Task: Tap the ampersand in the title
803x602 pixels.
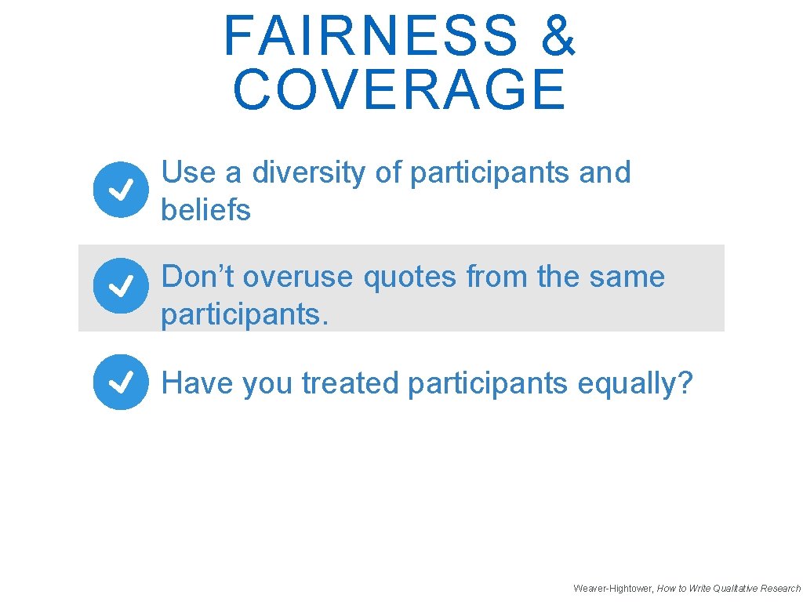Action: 558,36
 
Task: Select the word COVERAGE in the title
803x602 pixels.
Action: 399,89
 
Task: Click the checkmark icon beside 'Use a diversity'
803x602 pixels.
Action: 120,189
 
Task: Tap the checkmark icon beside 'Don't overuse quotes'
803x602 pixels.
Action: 120,286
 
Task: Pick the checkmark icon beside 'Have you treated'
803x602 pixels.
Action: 120,383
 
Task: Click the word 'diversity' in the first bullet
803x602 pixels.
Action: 309,172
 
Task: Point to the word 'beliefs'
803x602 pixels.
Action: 205,210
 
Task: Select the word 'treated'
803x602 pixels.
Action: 351,383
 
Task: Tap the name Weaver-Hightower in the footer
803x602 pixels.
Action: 612,588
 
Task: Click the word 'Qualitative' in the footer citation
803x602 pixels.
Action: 730,588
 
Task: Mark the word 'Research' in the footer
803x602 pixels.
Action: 780,588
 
